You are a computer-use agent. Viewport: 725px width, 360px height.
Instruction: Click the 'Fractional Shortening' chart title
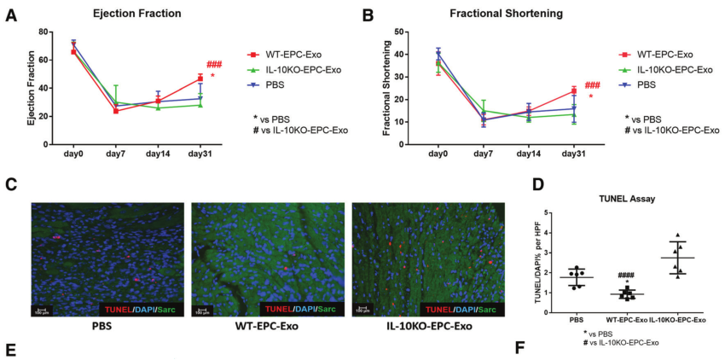pyautogui.click(x=484, y=15)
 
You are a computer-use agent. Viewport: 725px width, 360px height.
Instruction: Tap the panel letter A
pyautogui.click(x=11, y=15)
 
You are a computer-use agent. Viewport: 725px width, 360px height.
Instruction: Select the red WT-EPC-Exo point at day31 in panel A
pyautogui.click(x=200, y=78)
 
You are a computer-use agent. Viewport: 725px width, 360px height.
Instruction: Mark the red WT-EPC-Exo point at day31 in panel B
pyautogui.click(x=574, y=91)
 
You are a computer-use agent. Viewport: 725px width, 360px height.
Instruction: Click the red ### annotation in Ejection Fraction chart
pyautogui.click(x=214, y=65)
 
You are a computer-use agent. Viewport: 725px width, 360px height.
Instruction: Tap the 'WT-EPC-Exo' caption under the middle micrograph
pyautogui.click(x=268, y=327)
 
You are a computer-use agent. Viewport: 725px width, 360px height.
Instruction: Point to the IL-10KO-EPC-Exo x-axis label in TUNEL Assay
pyautogui.click(x=679, y=319)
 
